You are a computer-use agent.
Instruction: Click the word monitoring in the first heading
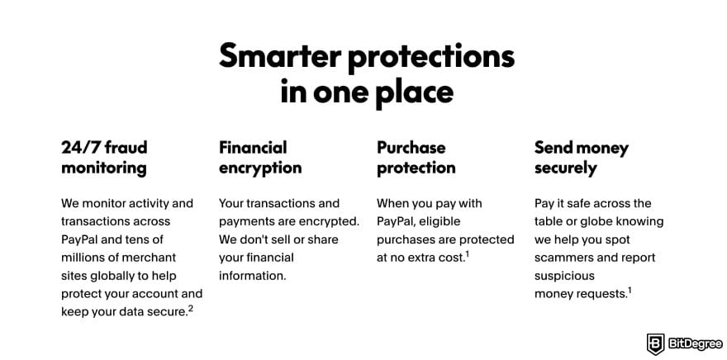tap(103, 168)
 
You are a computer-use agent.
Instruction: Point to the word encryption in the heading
tap(260, 168)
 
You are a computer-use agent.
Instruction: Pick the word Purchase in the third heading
tap(411, 148)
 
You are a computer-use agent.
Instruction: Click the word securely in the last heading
tap(565, 168)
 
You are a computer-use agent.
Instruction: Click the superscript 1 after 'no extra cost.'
tap(467, 254)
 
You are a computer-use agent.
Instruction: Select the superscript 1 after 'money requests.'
tap(630, 291)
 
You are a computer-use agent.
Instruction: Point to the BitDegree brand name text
tap(694, 343)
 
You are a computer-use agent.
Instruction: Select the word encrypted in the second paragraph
tap(329, 221)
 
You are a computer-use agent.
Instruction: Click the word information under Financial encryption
tap(252, 276)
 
